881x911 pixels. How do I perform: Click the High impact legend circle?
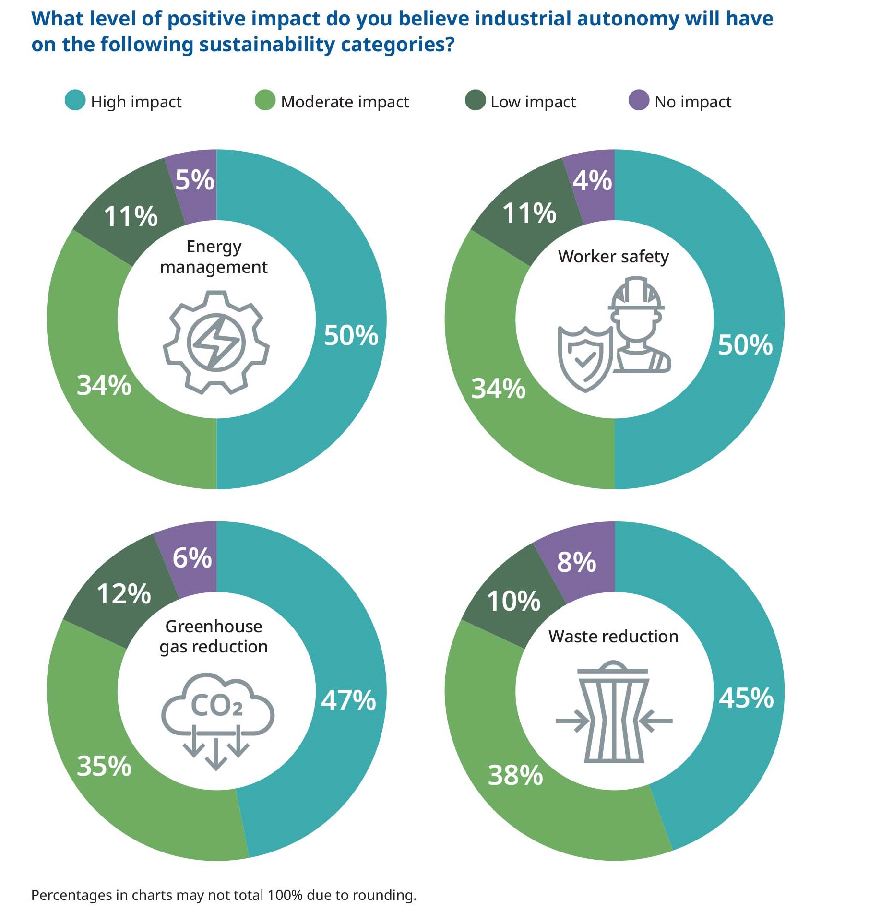(75, 100)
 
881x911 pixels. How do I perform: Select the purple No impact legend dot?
(639, 100)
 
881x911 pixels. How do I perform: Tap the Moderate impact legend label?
(345, 102)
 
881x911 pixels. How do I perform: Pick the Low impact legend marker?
(475, 100)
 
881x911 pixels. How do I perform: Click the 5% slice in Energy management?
(194, 180)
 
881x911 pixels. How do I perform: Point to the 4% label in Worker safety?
(592, 181)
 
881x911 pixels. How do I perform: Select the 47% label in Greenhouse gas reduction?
(348, 700)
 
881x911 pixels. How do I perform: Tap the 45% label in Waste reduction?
(746, 698)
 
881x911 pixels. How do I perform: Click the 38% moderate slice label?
(515, 775)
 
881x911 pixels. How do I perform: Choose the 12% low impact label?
(124, 594)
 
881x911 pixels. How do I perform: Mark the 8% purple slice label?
(576, 562)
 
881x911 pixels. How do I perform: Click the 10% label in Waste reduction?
(513, 601)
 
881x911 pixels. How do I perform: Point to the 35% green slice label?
(104, 766)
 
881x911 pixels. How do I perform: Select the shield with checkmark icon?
(584, 357)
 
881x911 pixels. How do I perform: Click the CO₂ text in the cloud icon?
(217, 705)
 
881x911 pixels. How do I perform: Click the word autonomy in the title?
(627, 19)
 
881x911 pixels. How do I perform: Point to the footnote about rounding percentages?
(224, 895)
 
